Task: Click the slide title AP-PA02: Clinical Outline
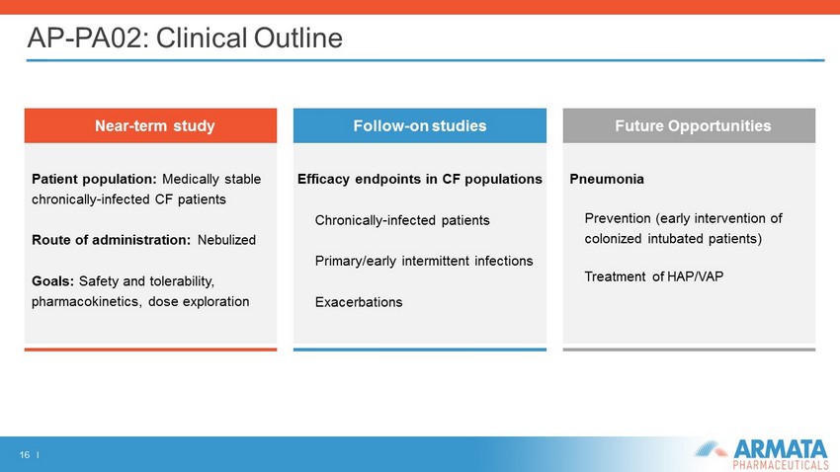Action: click(x=185, y=38)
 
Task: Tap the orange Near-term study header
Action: click(x=150, y=125)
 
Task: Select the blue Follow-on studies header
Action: click(x=419, y=125)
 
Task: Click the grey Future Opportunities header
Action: click(x=689, y=125)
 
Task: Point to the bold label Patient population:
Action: click(x=94, y=180)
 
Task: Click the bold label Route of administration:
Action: click(x=111, y=240)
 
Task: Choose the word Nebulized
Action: click(x=226, y=240)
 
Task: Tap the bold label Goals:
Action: click(x=52, y=281)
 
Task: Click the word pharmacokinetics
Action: click(x=86, y=302)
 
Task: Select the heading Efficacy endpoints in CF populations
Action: click(x=419, y=180)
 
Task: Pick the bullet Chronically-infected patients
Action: click(x=402, y=220)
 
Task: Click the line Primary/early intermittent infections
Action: click(x=424, y=261)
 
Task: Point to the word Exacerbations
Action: click(x=359, y=302)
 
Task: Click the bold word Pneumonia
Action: click(x=607, y=180)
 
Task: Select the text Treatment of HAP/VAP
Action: click(x=653, y=276)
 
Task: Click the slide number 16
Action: click(x=24, y=455)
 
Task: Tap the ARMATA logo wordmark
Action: click(x=780, y=449)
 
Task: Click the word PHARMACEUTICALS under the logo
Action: click(x=780, y=465)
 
